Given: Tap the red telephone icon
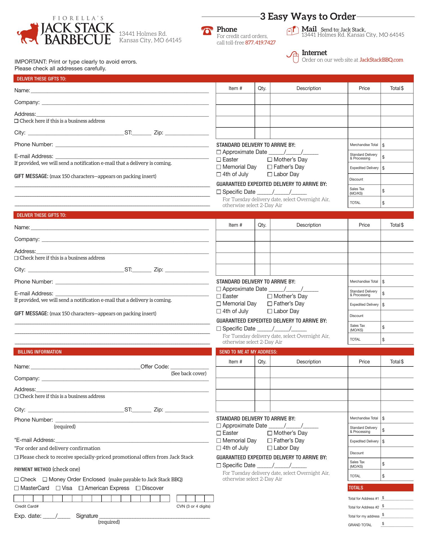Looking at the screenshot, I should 207,31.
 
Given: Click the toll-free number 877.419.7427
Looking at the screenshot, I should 260,43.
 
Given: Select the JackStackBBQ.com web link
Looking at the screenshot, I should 381,60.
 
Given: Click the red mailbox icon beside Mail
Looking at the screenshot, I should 292,30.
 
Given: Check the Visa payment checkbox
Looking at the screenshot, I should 58,488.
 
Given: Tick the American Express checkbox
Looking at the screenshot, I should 81,488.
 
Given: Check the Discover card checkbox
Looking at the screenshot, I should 138,488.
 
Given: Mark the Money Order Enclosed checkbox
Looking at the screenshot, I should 45,480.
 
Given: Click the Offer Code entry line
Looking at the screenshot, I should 190,367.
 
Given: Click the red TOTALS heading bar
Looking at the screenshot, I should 381,488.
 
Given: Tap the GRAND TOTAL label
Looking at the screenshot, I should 360,525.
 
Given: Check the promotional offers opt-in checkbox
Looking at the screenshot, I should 16,457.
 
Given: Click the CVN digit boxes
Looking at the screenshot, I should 195,499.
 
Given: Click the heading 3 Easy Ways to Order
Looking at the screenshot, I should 308,17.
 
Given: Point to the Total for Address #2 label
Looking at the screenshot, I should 363,507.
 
